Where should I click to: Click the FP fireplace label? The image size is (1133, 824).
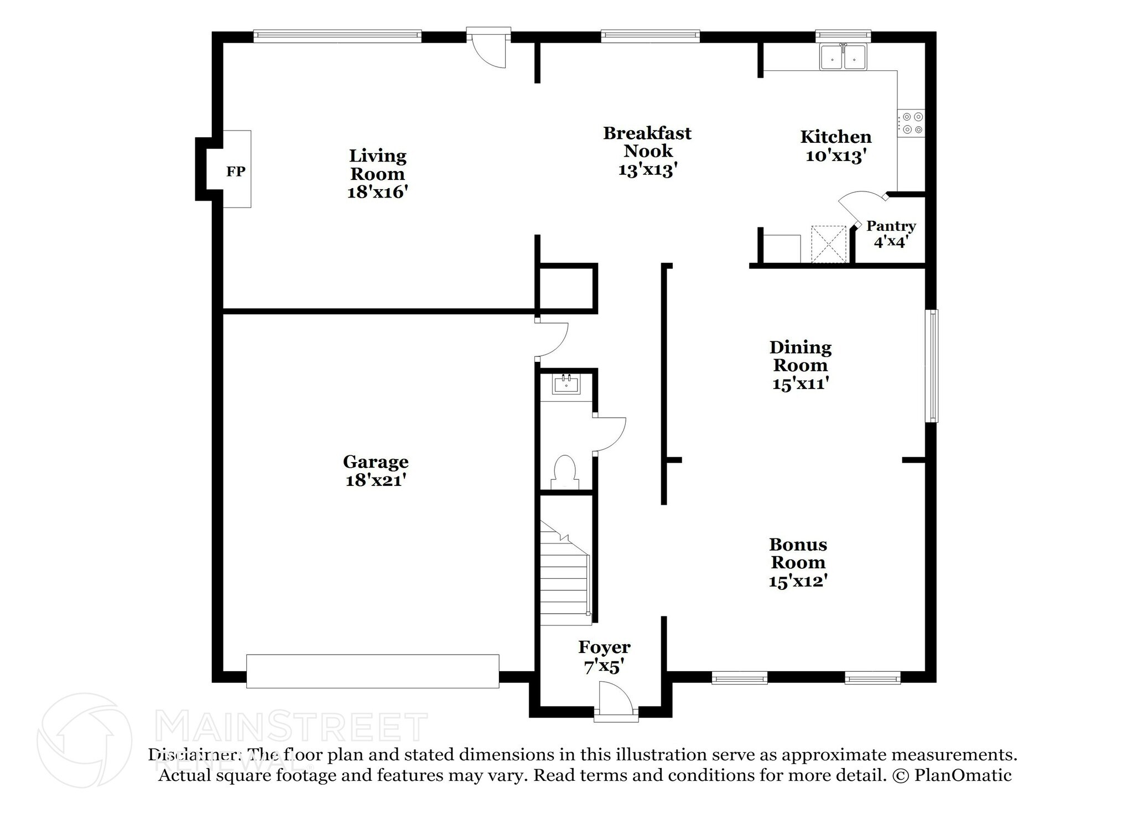[236, 172]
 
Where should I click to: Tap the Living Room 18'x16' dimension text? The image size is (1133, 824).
[377, 192]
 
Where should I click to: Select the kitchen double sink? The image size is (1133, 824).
[843, 57]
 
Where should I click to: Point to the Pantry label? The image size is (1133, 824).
[891, 226]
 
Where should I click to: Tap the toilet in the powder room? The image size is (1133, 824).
[565, 471]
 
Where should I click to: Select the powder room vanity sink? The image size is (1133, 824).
[566, 384]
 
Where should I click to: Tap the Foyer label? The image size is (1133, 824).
[604, 647]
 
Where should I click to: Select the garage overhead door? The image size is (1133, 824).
[372, 671]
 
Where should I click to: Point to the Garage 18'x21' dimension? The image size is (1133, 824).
[376, 480]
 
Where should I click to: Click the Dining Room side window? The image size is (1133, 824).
[932, 365]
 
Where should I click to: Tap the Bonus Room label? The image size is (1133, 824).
[798, 553]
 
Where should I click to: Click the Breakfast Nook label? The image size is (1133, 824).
[647, 142]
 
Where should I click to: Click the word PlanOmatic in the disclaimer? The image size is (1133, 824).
[963, 775]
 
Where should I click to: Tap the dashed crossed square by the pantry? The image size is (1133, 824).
[829, 243]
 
